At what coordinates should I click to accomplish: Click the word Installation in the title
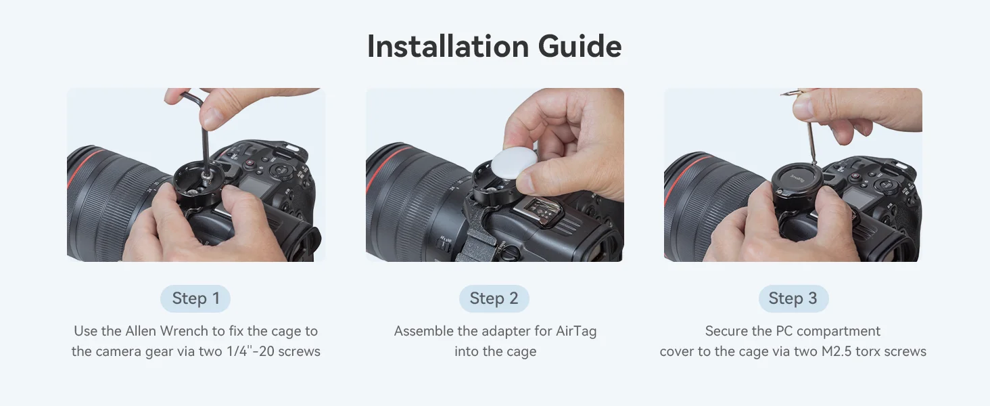[x=448, y=46]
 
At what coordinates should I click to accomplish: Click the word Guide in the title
[x=580, y=46]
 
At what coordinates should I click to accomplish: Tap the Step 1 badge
[x=195, y=298]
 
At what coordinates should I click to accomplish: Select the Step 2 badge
[x=494, y=298]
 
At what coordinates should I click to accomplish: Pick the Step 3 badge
[x=793, y=298]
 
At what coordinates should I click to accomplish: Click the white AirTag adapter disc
[x=514, y=164]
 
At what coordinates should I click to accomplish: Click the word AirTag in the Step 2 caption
[x=576, y=331]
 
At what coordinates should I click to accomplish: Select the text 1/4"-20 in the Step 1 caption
[x=250, y=351]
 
